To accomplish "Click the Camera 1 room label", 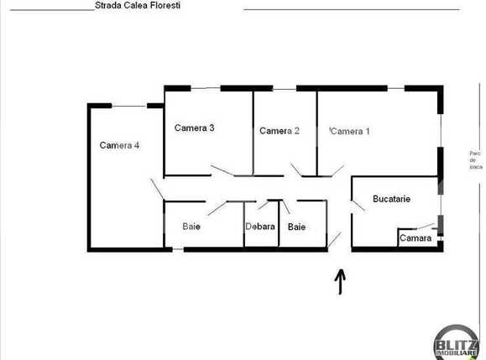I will (x=350, y=131).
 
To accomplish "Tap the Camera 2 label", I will (x=279, y=131).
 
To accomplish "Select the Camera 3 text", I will (x=195, y=128).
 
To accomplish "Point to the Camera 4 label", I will (x=119, y=145).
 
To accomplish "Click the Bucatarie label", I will (x=391, y=200).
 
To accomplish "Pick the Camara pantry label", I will (x=415, y=238).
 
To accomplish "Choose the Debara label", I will (x=260, y=227).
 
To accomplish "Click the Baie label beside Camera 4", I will (x=191, y=227).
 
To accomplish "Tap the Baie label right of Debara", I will (x=296, y=227).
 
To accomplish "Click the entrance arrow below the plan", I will (x=341, y=282).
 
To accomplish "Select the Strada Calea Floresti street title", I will (x=137, y=6).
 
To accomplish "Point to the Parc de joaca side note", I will (x=475, y=159).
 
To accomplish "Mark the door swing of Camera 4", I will (x=157, y=189).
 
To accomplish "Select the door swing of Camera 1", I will (x=336, y=171).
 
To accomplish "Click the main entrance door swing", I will (x=335, y=242).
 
